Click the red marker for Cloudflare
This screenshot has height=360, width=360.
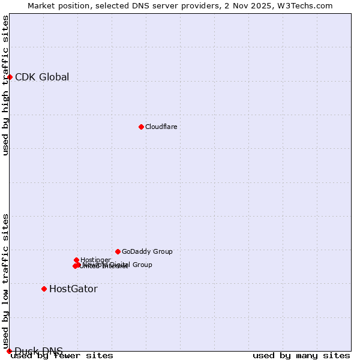click(x=141, y=127)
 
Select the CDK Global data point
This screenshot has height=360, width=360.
click(x=10, y=77)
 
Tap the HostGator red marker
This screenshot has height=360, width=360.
click(x=44, y=289)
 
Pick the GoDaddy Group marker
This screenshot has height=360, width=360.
click(x=118, y=251)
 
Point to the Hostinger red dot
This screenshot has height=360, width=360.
click(x=76, y=260)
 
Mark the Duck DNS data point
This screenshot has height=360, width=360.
click(x=9, y=351)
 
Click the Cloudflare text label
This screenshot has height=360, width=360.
click(x=161, y=127)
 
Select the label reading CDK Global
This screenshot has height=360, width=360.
click(x=42, y=77)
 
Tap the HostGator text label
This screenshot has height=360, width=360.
click(x=73, y=289)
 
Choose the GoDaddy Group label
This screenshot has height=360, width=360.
click(x=147, y=251)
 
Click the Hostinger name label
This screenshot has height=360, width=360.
click(x=95, y=260)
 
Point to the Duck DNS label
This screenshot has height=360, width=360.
click(x=38, y=351)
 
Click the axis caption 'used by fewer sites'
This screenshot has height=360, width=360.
click(x=62, y=356)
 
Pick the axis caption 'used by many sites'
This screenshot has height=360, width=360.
click(x=301, y=356)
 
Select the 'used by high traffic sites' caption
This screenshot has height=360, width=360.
click(x=5, y=85)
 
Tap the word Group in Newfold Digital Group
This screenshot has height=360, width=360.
click(x=142, y=265)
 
